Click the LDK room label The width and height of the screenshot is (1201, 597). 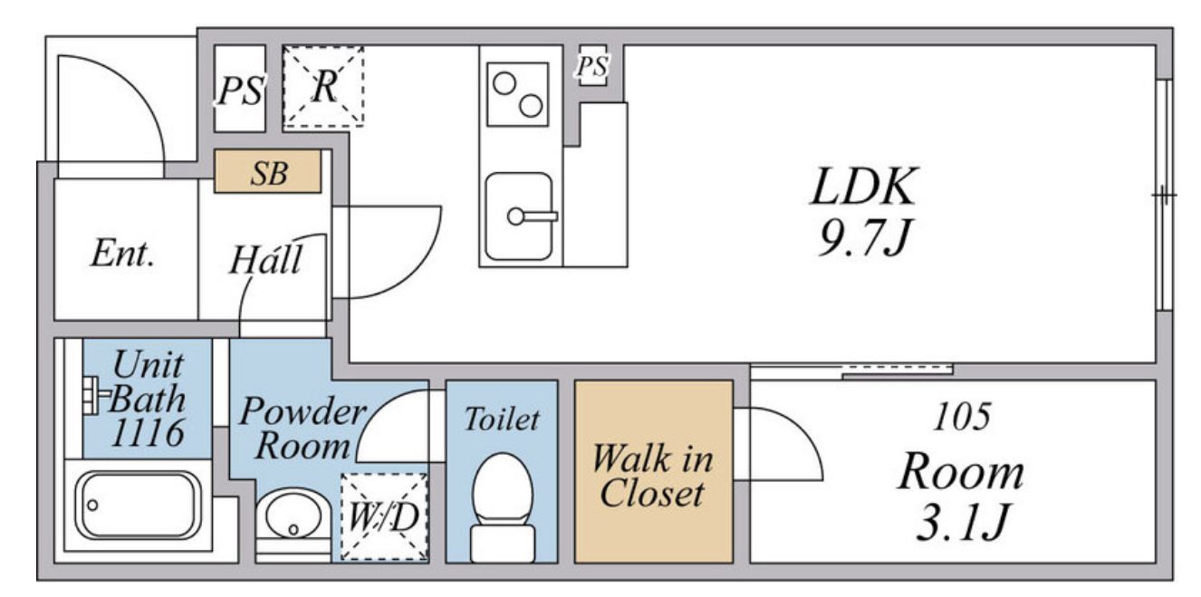(x=864, y=187)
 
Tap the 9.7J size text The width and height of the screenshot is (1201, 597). (x=864, y=237)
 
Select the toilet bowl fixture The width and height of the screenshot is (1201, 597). (x=503, y=507)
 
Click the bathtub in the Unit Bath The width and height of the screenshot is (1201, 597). (x=139, y=506)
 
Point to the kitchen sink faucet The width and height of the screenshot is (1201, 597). (x=532, y=217)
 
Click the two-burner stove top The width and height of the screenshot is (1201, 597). (x=517, y=94)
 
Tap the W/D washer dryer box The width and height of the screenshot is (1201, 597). (x=384, y=516)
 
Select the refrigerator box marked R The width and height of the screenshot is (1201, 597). (x=323, y=86)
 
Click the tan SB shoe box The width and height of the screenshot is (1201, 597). (x=268, y=171)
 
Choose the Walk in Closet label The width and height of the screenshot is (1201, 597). (x=652, y=476)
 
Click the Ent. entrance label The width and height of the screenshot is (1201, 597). (x=123, y=253)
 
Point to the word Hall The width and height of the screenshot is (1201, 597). (x=265, y=259)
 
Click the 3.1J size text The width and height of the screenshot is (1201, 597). (x=962, y=522)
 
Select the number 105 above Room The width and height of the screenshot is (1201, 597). (x=962, y=416)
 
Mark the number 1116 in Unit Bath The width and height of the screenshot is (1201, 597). (x=148, y=432)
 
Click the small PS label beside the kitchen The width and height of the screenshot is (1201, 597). (x=592, y=66)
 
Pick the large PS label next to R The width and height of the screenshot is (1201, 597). (x=240, y=90)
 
